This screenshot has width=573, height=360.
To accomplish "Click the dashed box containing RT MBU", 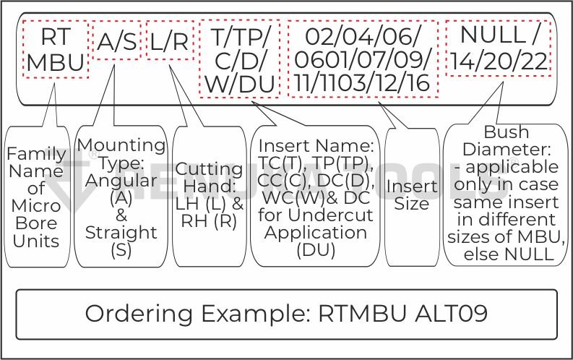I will pyautogui.click(x=56, y=48).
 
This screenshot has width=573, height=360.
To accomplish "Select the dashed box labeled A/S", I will pyautogui.click(x=116, y=42).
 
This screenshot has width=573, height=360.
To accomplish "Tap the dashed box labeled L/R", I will pyautogui.click(x=170, y=42).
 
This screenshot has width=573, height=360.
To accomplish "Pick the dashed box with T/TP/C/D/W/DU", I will pyautogui.click(x=238, y=59).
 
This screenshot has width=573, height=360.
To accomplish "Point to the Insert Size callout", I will pyautogui.click(x=412, y=195).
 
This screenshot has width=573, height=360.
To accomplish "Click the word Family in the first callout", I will pyautogui.click(x=36, y=153).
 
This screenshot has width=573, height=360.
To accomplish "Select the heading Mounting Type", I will pyautogui.click(x=121, y=153).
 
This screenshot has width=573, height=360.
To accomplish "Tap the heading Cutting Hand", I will pyautogui.click(x=210, y=178).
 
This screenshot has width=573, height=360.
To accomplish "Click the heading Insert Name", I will pyautogui.click(x=316, y=145).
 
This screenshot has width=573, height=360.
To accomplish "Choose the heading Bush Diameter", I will pyautogui.click(x=507, y=141).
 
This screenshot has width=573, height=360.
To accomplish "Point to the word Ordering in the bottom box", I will pyautogui.click(x=137, y=313).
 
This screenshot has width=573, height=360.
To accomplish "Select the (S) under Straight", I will pyautogui.click(x=121, y=249).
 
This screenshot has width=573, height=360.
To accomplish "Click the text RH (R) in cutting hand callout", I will pyautogui.click(x=210, y=221).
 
